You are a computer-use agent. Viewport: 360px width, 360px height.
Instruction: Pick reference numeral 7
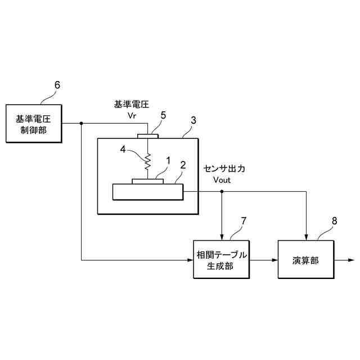point(244,220)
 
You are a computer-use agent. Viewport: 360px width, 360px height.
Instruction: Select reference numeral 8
point(335,220)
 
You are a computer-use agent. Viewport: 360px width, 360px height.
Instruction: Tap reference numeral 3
point(193,120)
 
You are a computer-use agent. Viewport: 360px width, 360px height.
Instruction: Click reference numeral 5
point(163,115)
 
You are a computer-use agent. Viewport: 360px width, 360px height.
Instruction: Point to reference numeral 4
point(123,150)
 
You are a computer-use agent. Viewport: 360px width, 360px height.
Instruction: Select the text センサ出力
point(225,169)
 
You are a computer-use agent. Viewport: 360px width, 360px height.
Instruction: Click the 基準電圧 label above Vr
point(130,104)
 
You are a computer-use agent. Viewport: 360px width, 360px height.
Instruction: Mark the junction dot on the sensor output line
point(222,192)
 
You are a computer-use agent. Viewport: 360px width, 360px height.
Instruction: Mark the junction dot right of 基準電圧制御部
point(82,124)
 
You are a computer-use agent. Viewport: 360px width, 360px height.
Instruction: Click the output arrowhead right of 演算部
point(350,260)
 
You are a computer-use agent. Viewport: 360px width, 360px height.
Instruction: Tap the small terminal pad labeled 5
point(149,136)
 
